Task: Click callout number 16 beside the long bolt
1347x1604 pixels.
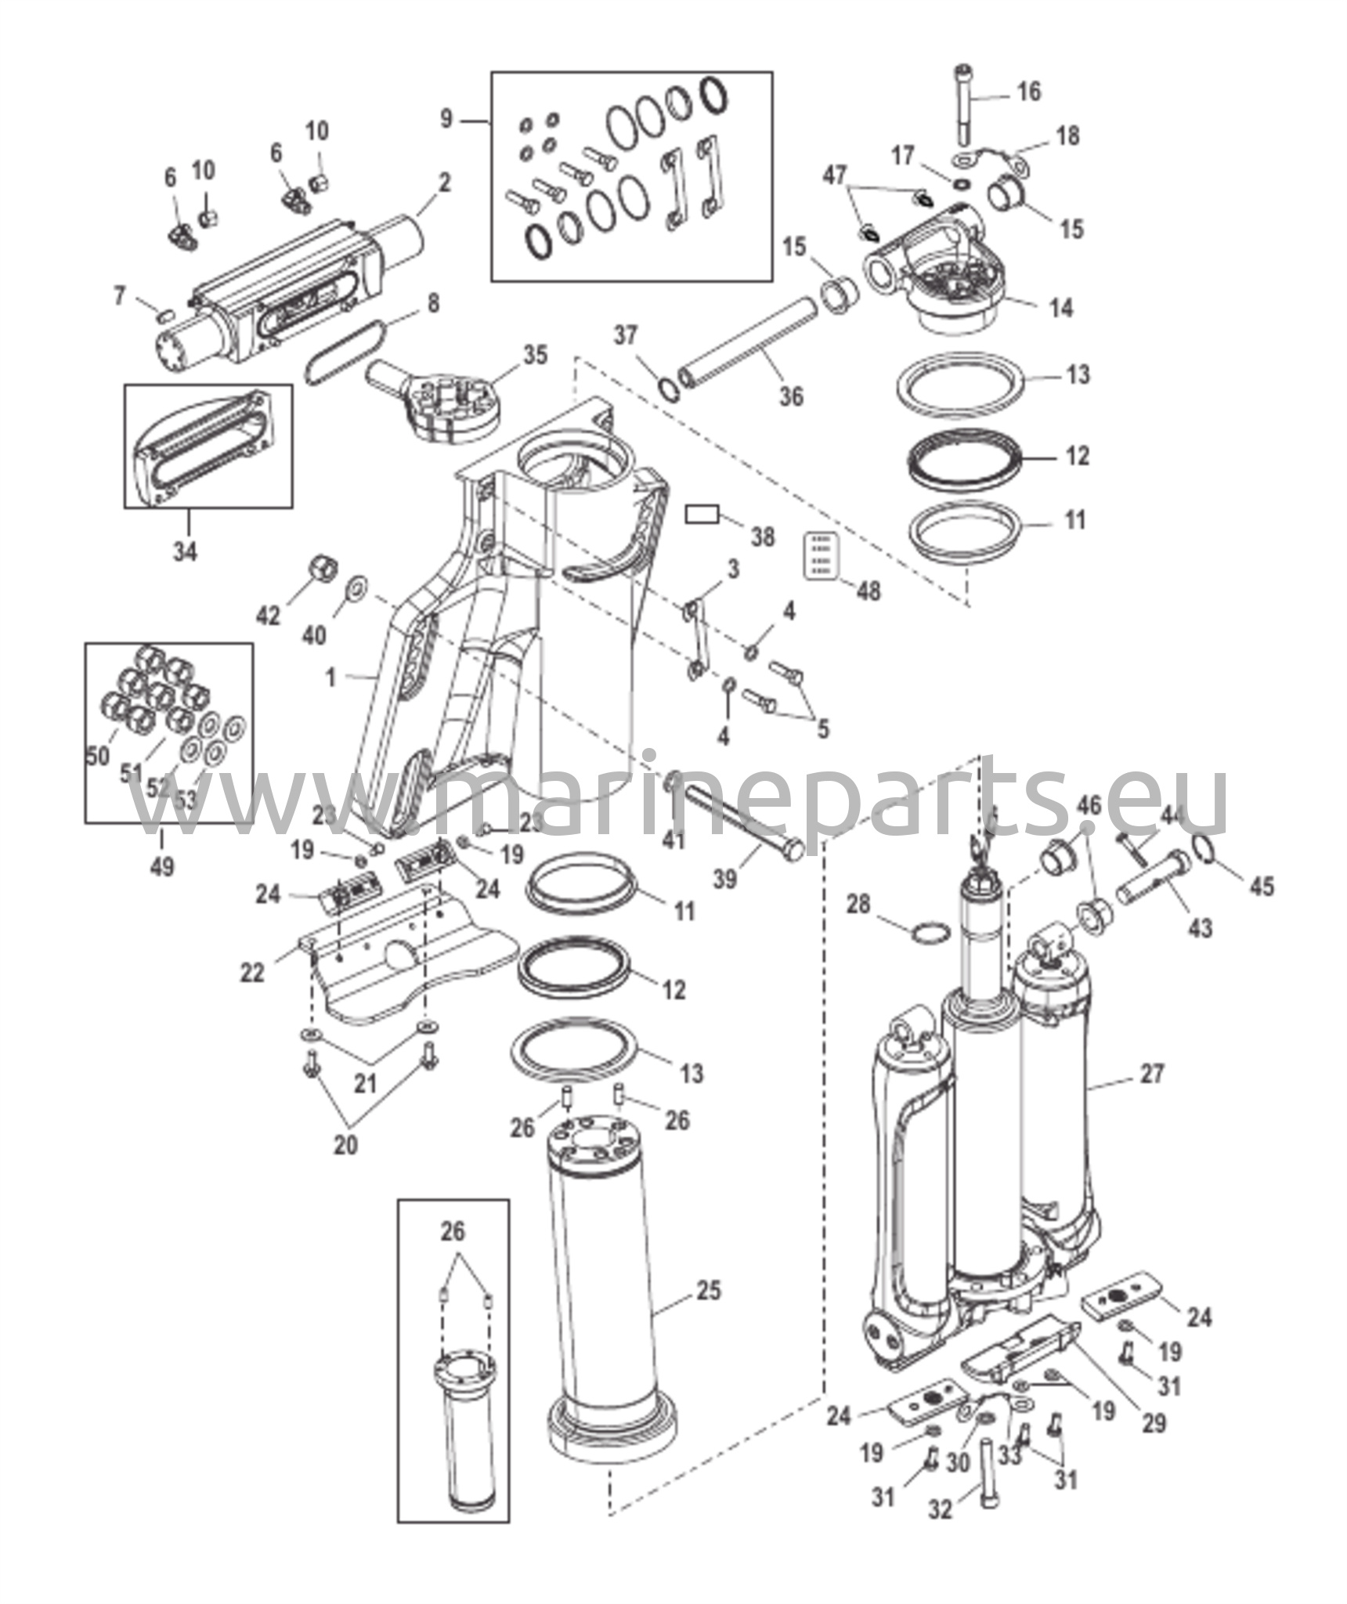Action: pos(1029,92)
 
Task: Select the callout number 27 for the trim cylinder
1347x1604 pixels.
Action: pos(1152,1073)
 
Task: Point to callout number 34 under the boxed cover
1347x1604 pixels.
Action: pos(185,551)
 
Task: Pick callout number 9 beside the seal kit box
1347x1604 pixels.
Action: pos(446,119)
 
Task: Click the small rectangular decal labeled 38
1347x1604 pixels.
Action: pos(702,515)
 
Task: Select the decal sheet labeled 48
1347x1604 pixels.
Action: pos(822,556)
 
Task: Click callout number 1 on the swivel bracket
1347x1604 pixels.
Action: pos(330,677)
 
